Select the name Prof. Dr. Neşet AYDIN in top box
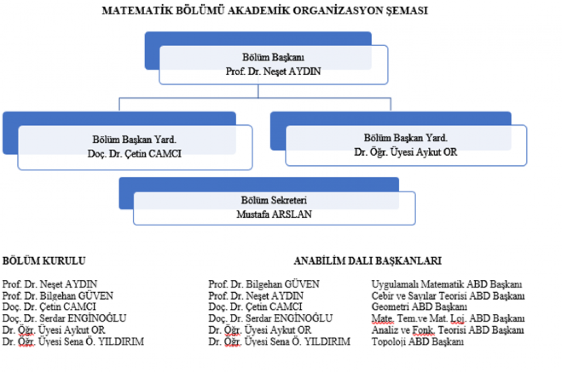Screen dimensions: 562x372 pyautogui.click(x=273, y=71)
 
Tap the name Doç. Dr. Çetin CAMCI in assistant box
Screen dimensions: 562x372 pyautogui.click(x=135, y=154)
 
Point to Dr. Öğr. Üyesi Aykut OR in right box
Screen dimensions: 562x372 pyautogui.click(x=406, y=152)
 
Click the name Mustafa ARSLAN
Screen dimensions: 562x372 pyautogui.click(x=274, y=214)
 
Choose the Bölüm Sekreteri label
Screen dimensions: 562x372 pyautogui.click(x=274, y=200)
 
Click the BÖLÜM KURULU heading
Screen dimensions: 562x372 pyautogui.click(x=44, y=260)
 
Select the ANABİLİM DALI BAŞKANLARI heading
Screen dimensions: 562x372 pyautogui.click(x=368, y=260)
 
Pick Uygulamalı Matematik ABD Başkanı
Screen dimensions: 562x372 pyautogui.click(x=447, y=284)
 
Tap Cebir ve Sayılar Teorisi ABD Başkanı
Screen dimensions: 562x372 pyautogui.click(x=448, y=295)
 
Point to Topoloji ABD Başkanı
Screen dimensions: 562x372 pyautogui.click(x=418, y=342)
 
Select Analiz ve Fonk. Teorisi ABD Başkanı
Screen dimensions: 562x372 pyautogui.click(x=448, y=330)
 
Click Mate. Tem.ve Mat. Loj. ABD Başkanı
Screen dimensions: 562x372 pyautogui.click(x=448, y=318)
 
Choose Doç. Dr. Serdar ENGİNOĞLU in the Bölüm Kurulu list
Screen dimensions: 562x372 pyautogui.click(x=64, y=318)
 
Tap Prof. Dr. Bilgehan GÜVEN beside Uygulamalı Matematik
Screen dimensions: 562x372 pyautogui.click(x=264, y=284)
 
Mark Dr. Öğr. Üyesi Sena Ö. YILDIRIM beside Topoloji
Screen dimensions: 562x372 pyautogui.click(x=279, y=342)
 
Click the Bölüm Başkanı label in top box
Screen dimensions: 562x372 pyautogui.click(x=273, y=57)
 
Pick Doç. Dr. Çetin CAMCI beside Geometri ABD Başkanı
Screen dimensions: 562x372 pyautogui.click(x=255, y=307)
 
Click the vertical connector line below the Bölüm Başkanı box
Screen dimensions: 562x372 pyautogui.click(x=258, y=91)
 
